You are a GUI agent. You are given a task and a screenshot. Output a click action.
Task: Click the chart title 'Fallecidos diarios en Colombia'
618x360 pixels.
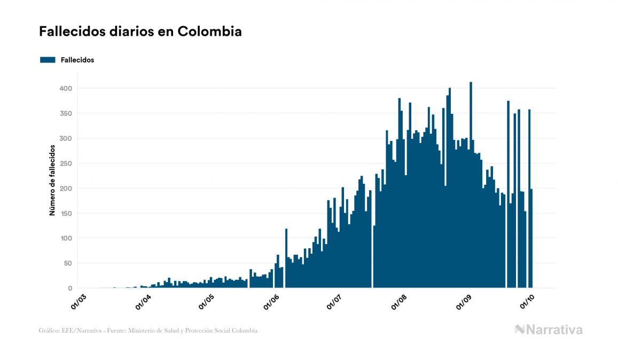140,32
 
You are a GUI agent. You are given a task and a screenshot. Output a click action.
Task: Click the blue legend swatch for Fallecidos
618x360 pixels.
48,60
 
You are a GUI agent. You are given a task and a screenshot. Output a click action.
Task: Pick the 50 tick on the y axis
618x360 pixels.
68,263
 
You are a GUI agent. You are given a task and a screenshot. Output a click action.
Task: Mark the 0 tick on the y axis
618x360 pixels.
70,288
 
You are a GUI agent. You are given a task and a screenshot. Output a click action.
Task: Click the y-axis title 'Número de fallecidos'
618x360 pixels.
52,180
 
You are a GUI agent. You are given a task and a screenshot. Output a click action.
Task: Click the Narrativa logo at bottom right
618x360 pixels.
549,330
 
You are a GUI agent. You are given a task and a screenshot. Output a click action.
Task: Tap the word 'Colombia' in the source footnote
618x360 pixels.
245,331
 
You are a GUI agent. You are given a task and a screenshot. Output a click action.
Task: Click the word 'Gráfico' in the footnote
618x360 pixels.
49,331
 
